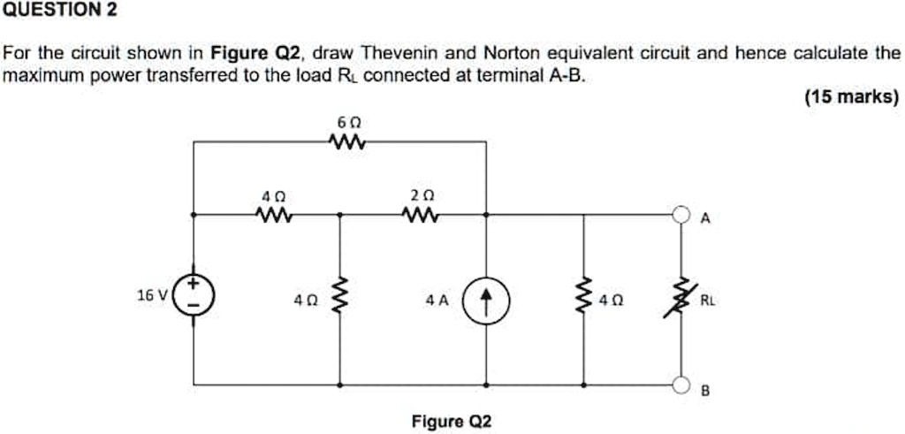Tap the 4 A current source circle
[x=486, y=300]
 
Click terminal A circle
[x=680, y=215]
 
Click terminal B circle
[x=680, y=385]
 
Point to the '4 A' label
[x=436, y=300]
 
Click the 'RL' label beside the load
[x=709, y=300]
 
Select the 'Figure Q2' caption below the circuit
[x=452, y=421]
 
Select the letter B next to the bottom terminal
[x=704, y=390]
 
